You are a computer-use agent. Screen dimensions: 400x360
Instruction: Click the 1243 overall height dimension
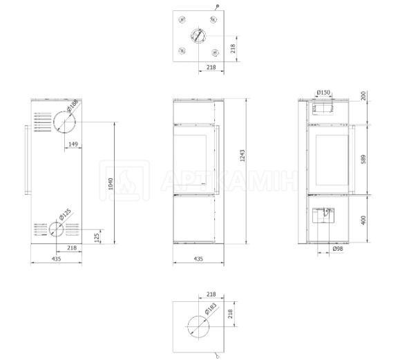pos(242,155)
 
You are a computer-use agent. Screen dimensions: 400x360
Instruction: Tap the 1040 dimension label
pos(111,184)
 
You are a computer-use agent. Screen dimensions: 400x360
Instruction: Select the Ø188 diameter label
pos(73,105)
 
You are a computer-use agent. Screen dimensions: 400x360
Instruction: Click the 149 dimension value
pos(73,144)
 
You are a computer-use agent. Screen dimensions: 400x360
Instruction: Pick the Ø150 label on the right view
pos(323,93)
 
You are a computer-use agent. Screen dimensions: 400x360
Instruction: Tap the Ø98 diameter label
pos(338,249)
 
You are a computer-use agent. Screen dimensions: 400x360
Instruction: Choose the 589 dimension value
pos(363,159)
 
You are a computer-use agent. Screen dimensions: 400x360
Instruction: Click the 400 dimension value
pos(363,220)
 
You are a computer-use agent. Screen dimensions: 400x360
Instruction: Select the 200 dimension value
pos(363,95)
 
